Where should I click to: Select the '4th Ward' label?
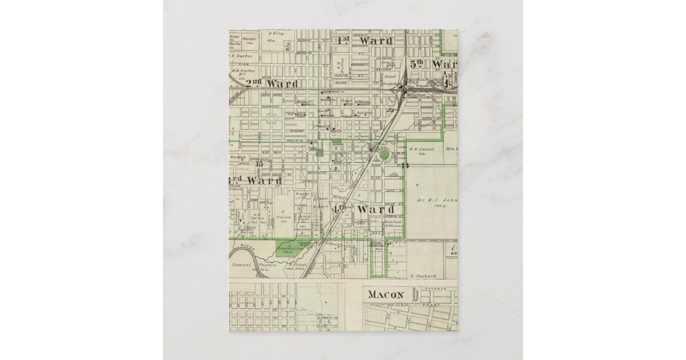click(x=365, y=209)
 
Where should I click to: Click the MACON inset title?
click(x=386, y=295)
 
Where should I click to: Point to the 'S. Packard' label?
click(x=423, y=276)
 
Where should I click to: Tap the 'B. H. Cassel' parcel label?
click(x=422, y=149)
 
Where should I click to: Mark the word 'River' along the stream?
click(x=246, y=247)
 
